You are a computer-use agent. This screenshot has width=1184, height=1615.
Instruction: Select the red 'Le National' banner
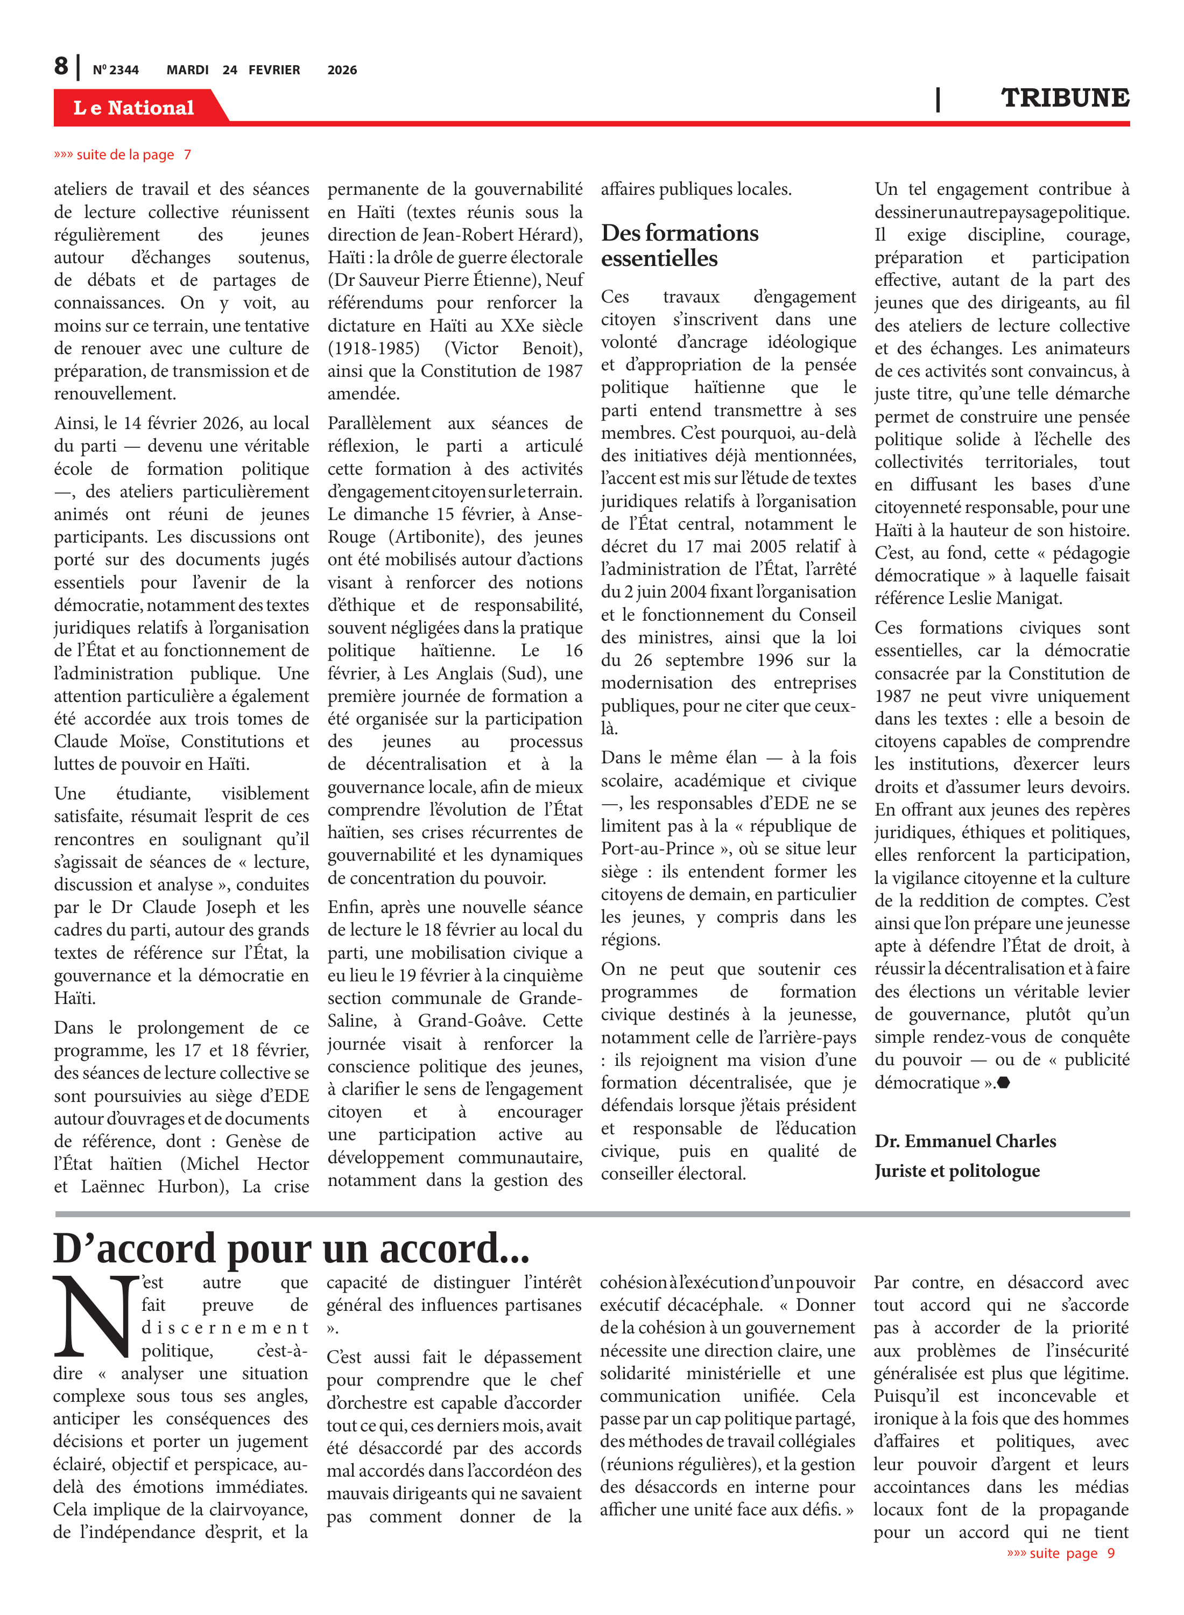tap(134, 108)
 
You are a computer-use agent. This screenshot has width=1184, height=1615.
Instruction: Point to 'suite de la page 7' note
tap(123, 155)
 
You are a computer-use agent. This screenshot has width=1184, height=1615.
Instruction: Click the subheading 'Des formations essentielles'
tap(679, 245)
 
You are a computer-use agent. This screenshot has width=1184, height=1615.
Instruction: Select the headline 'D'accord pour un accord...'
tap(291, 1248)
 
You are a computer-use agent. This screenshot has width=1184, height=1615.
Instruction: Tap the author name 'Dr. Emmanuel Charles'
tap(964, 1141)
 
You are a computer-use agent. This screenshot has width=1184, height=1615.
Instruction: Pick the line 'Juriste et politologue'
tap(956, 1170)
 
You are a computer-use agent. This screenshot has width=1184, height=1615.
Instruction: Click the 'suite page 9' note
tap(1060, 1553)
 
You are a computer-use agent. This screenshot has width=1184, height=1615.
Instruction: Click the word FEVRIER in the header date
tap(274, 70)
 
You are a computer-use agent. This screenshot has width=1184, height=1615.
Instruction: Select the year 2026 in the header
tap(342, 70)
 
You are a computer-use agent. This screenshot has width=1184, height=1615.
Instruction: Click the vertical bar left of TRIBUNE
tap(938, 99)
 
